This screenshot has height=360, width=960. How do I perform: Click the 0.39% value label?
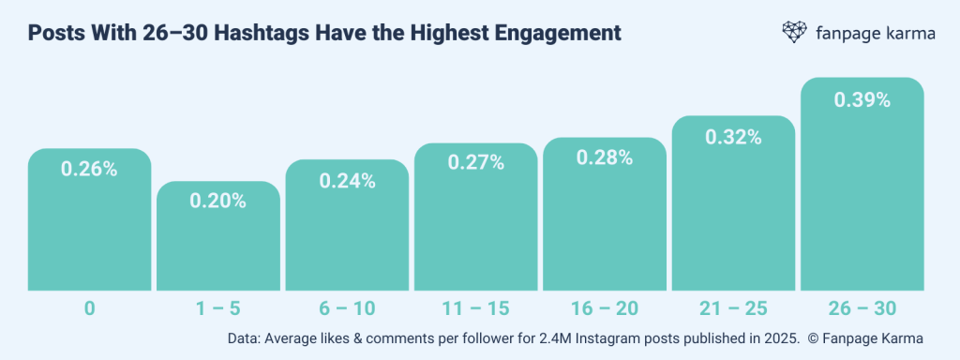(862, 100)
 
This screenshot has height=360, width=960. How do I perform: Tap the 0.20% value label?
(217, 201)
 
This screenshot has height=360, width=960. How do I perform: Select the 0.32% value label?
(734, 138)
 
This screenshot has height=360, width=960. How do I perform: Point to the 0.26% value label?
(89, 169)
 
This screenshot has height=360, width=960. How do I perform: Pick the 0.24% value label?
(347, 182)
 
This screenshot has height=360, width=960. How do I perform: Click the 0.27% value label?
(476, 163)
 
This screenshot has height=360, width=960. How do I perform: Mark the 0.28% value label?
(605, 157)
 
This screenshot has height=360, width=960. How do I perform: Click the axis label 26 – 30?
(862, 307)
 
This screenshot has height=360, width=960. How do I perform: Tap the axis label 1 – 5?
(217, 307)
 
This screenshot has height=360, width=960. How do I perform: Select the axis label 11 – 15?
(476, 307)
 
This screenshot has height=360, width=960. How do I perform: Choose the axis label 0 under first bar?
(89, 307)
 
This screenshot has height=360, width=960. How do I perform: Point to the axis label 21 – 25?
(734, 307)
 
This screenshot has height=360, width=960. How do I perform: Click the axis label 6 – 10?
(347, 307)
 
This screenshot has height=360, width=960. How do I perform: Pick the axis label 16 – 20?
(605, 307)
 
